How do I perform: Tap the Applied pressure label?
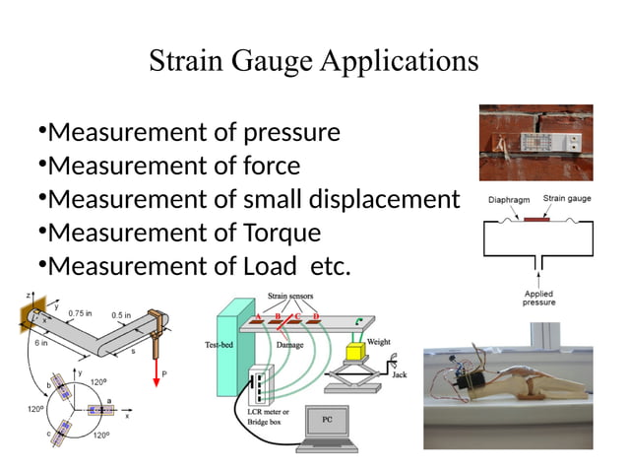[x=538, y=298]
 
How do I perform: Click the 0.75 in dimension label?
[x=81, y=313]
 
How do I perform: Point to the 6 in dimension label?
[x=42, y=344]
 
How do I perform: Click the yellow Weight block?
[x=355, y=353]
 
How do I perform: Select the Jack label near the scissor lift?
[x=398, y=374]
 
